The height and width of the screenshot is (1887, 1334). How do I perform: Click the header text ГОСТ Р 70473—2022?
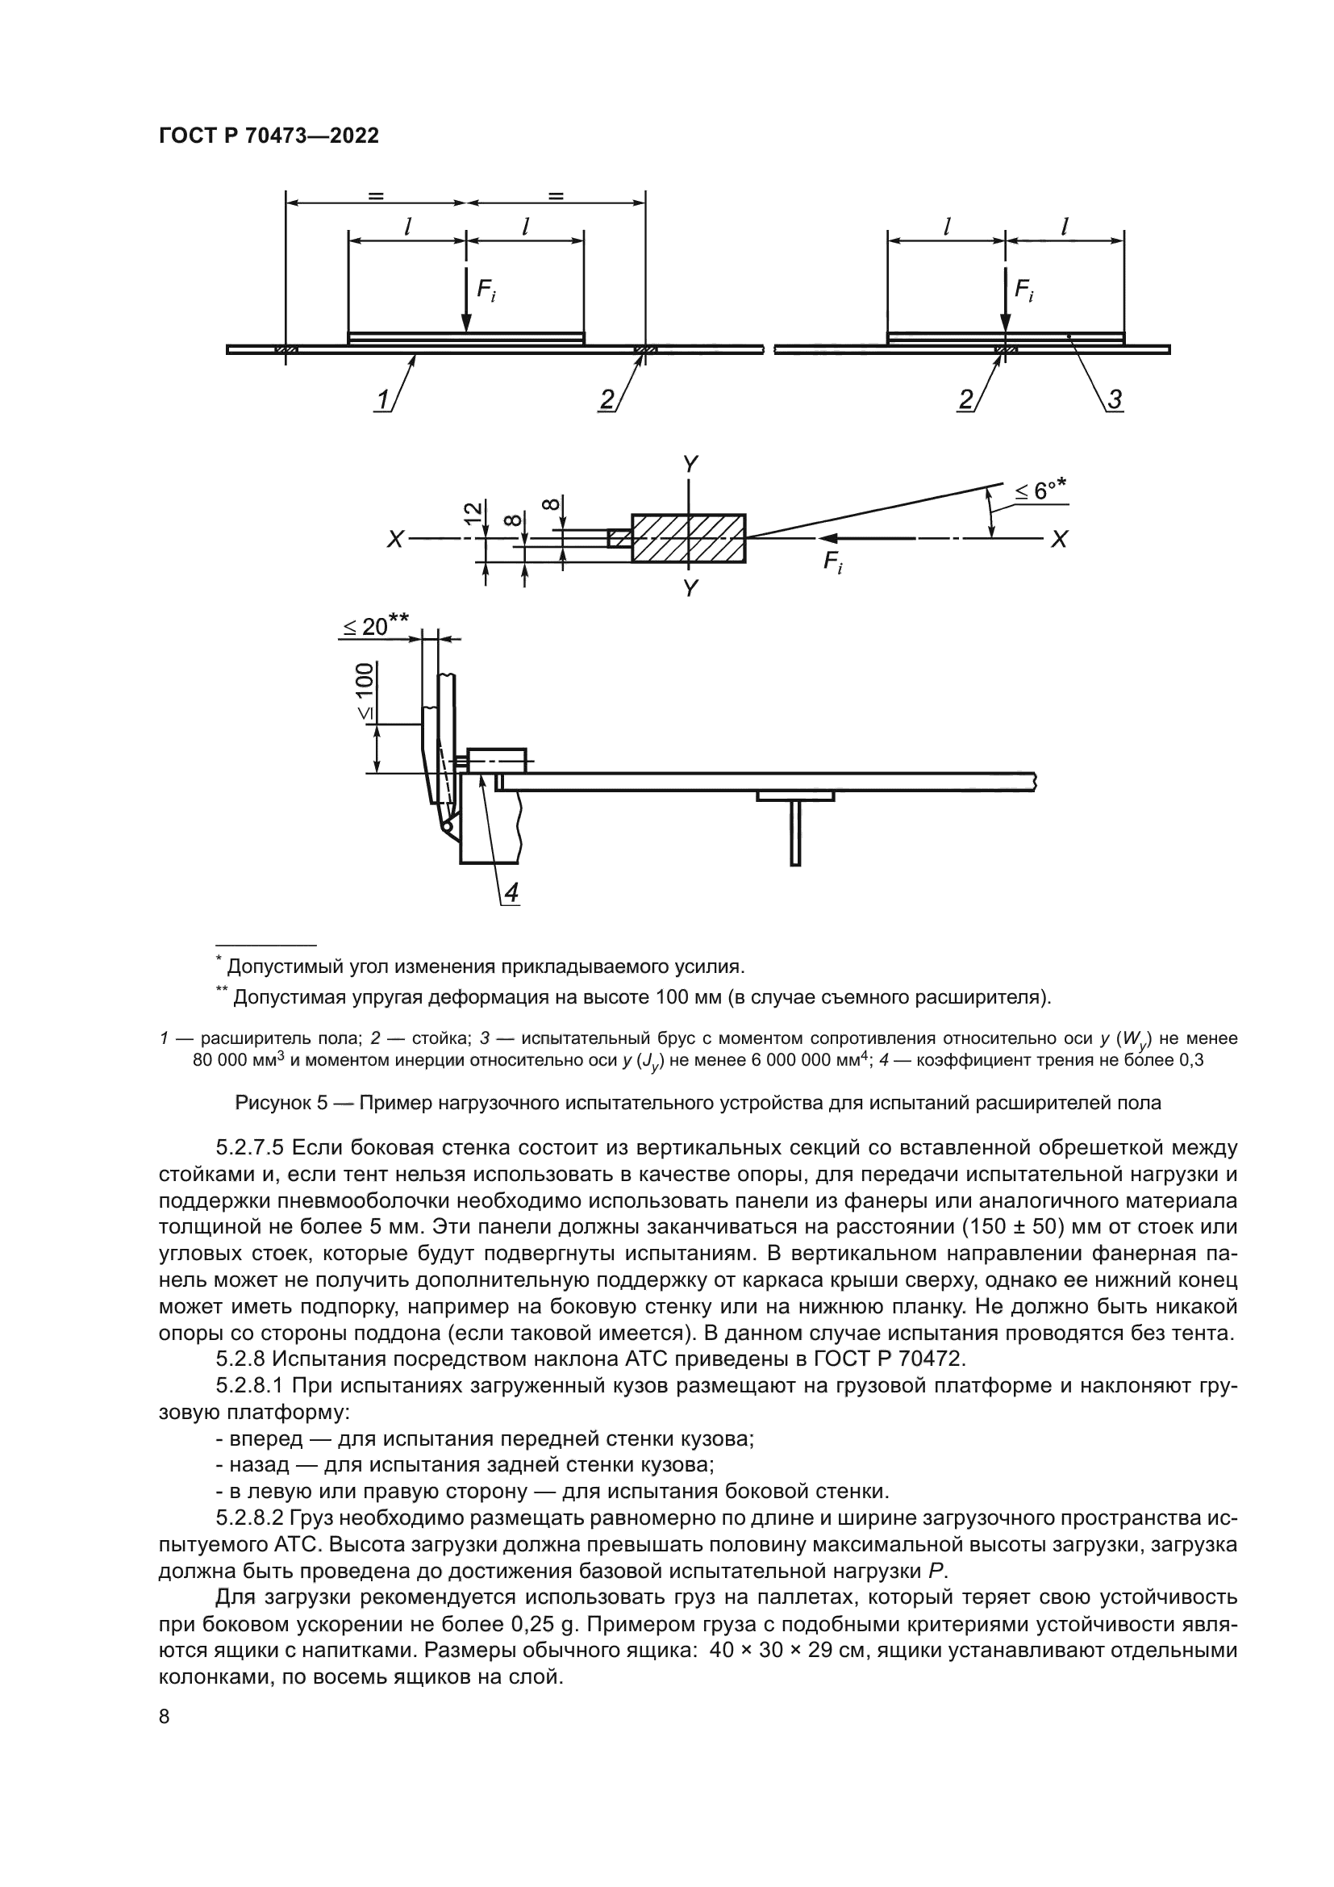coord(269,136)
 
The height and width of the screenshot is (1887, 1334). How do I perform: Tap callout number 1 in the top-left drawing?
coord(383,400)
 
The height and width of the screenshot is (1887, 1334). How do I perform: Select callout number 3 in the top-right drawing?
coord(1115,400)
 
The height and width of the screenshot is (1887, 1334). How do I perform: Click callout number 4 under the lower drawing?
coord(511,892)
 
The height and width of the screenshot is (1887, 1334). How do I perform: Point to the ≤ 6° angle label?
coord(1039,491)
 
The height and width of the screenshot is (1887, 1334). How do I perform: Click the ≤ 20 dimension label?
coord(374,627)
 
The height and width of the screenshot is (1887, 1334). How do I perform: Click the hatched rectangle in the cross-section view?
coord(688,538)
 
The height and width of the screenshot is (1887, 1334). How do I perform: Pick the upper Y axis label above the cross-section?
coord(690,465)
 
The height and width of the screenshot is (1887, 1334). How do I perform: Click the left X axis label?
coord(396,540)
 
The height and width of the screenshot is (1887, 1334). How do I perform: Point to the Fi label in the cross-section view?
coord(832,563)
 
